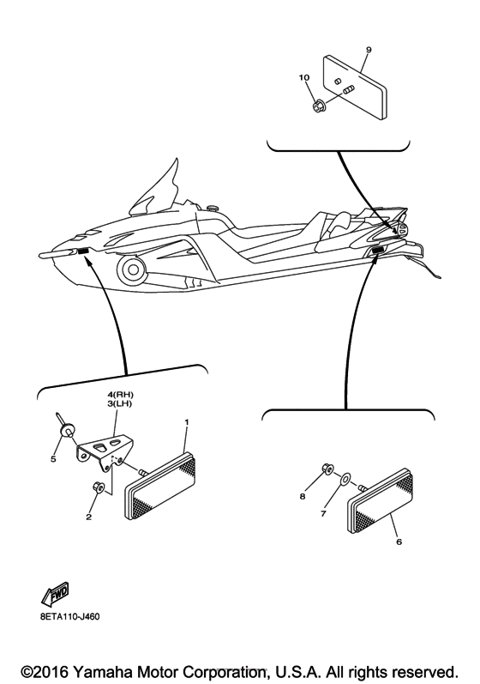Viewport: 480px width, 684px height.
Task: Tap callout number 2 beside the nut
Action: point(87,518)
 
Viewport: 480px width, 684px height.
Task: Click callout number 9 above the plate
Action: point(368,50)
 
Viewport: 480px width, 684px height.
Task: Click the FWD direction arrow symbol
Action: point(55,594)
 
